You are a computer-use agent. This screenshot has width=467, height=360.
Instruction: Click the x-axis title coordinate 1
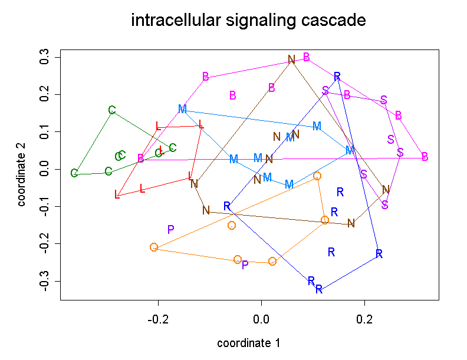click(x=248, y=343)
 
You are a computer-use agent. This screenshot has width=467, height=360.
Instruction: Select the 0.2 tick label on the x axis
click(x=365, y=319)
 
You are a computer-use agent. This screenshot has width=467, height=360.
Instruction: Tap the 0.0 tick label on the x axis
click(x=261, y=319)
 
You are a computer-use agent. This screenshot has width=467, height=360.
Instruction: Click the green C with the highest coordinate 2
click(x=112, y=110)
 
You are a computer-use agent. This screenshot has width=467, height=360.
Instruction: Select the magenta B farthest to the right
click(x=425, y=157)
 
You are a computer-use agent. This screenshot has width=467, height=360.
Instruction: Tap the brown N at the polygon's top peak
click(x=291, y=60)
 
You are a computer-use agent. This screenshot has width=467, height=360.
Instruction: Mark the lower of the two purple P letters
click(x=245, y=265)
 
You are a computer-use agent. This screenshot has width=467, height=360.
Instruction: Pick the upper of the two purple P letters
click(x=170, y=230)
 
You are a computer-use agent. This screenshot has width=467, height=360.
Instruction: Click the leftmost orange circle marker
click(x=154, y=247)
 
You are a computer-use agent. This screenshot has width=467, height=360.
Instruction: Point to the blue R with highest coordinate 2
click(x=337, y=77)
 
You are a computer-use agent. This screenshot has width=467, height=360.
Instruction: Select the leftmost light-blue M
click(x=182, y=109)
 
